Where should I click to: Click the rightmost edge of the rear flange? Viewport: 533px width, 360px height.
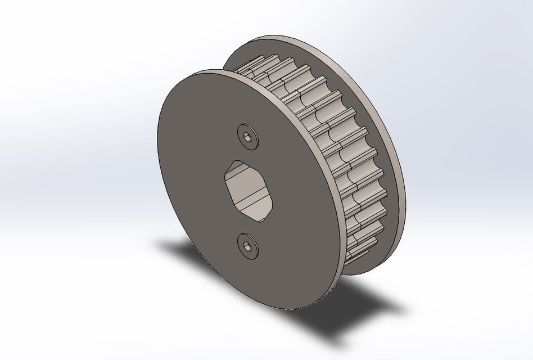coord(404,174)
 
